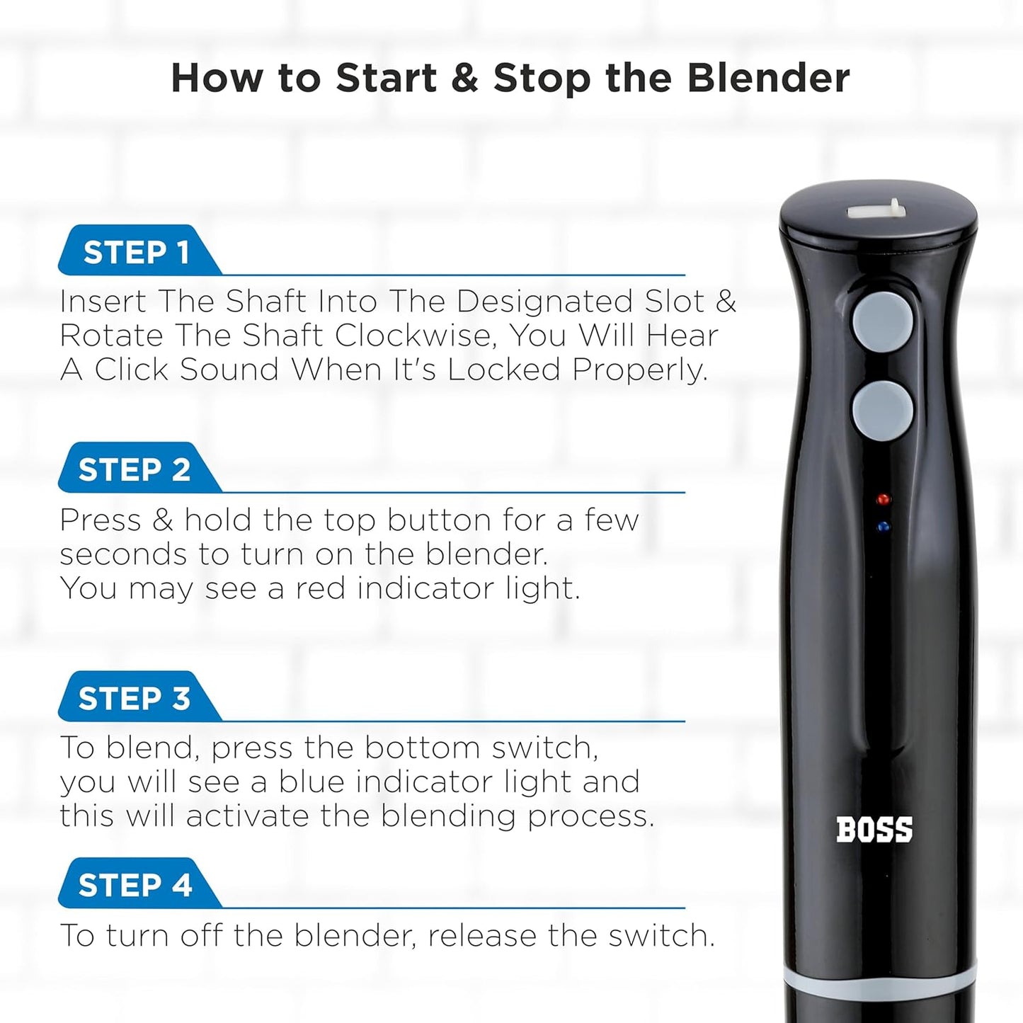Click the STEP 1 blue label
tap(136, 252)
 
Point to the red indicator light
tap(882, 499)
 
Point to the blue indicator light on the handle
tap(882, 527)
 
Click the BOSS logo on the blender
tap(874, 830)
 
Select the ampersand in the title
tap(464, 78)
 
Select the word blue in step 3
tap(314, 782)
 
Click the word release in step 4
tap(483, 936)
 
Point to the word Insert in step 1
tap(103, 302)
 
